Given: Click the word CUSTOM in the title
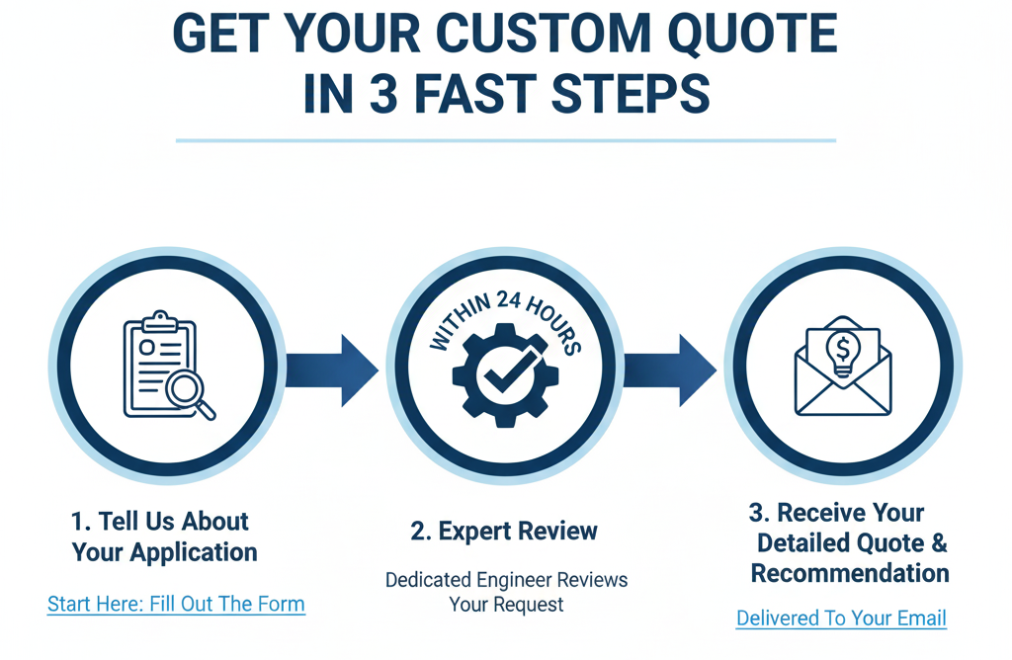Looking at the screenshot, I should point(543,36).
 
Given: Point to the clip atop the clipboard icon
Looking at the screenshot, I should point(158,322).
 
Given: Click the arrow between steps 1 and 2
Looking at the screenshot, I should point(331,370).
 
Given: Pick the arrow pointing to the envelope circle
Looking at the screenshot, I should point(669,370).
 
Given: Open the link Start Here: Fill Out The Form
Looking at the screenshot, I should point(176,604).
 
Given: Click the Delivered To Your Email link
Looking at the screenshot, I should point(841,619).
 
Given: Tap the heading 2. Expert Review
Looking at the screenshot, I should point(504,531).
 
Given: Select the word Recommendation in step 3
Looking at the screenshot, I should point(850,573).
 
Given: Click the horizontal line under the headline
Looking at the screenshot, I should point(505,140).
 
